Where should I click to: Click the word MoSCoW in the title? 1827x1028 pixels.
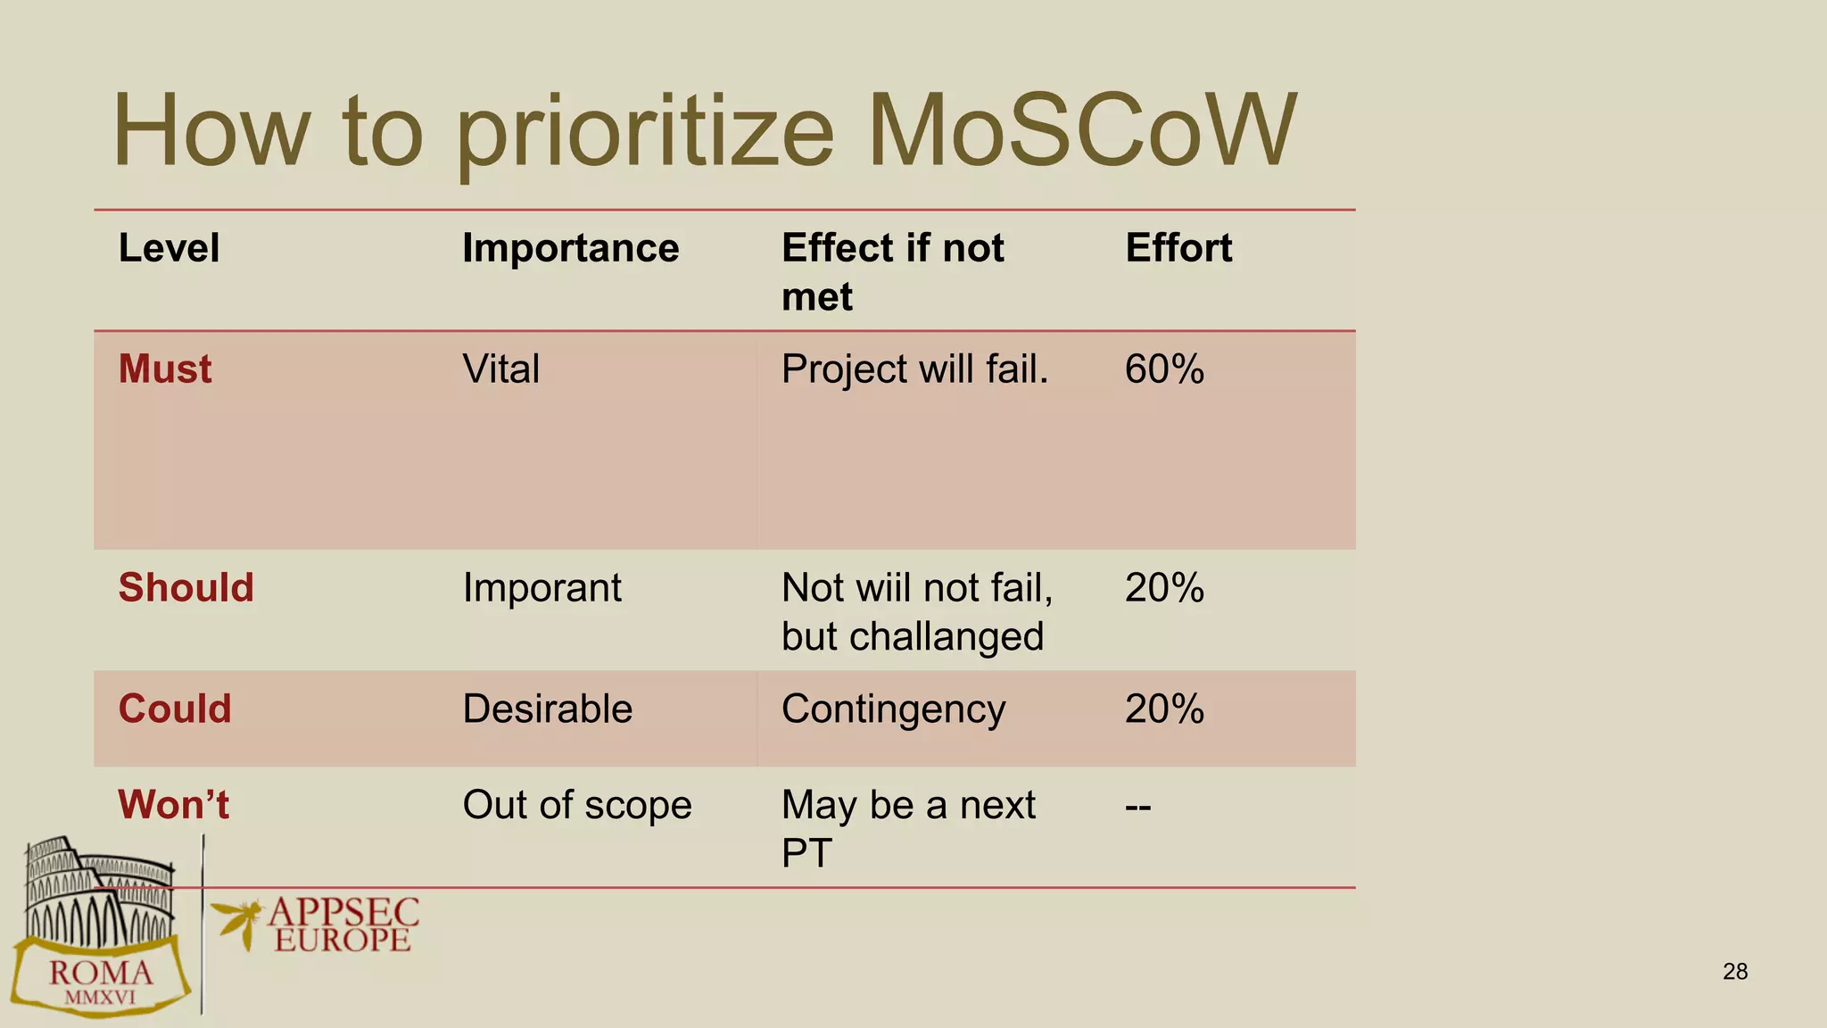click(1081, 131)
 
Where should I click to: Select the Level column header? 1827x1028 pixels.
click(169, 248)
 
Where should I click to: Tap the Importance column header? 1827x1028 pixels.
click(570, 248)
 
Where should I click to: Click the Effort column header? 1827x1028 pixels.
click(1178, 248)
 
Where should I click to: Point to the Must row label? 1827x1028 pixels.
click(165, 369)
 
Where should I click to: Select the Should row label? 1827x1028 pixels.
click(186, 588)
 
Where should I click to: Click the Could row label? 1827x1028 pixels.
click(175, 709)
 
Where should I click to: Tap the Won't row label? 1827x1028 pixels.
click(173, 805)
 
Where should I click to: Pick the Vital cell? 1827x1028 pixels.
click(500, 369)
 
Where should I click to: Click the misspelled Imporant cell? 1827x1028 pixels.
click(541, 588)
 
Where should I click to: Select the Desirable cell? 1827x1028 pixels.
click(547, 709)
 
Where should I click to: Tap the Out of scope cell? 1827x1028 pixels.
click(576, 805)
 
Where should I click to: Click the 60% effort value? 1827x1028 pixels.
click(1164, 369)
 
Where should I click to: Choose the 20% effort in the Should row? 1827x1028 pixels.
click(1164, 588)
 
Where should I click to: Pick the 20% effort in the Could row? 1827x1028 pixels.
click(1164, 709)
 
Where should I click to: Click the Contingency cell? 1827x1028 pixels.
click(893, 709)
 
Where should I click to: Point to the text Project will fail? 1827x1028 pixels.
click(914, 369)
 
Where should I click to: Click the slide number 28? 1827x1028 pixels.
click(1734, 972)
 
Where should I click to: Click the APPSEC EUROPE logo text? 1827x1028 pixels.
click(343, 925)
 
